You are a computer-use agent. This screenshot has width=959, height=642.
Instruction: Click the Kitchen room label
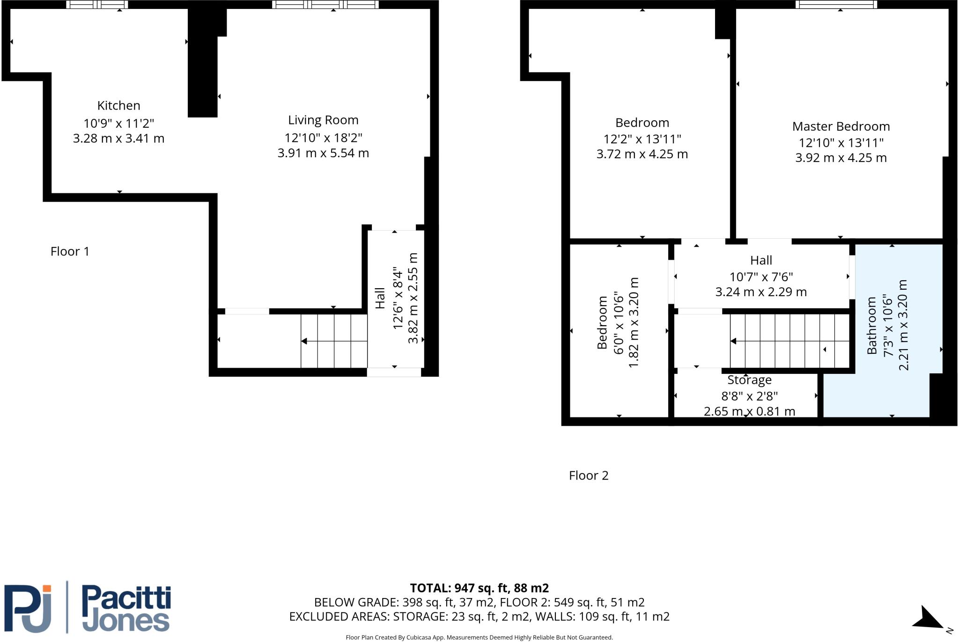pyautogui.click(x=118, y=106)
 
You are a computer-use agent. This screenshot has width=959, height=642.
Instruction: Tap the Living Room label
pyautogui.click(x=323, y=120)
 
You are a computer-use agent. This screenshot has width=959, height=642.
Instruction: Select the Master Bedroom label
pyautogui.click(x=841, y=126)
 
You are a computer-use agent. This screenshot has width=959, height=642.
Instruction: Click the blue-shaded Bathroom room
pyautogui.click(x=892, y=328)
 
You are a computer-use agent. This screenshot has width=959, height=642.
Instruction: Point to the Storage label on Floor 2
pyautogui.click(x=749, y=380)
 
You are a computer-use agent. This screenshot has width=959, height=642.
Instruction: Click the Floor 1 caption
pyautogui.click(x=70, y=252)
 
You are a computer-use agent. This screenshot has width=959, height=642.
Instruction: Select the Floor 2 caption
pyautogui.click(x=589, y=475)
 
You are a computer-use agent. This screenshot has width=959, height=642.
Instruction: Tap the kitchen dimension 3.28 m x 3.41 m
pyautogui.click(x=118, y=139)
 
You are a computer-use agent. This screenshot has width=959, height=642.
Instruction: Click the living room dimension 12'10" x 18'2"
pyautogui.click(x=323, y=138)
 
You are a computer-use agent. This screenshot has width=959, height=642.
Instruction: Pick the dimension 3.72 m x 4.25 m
pyautogui.click(x=642, y=154)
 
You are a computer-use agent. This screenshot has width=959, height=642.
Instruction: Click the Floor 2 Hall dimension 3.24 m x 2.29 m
pyautogui.click(x=761, y=292)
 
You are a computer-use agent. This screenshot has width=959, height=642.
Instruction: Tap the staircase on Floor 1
pyautogui.click(x=334, y=341)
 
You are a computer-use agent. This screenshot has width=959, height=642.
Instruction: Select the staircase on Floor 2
pyautogui.click(x=789, y=341)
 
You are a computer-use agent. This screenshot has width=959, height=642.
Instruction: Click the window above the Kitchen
pyautogui.click(x=97, y=5)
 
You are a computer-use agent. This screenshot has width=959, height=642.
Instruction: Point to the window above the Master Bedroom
pyautogui.click(x=836, y=5)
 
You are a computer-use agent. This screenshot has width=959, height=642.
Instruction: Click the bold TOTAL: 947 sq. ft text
pyautogui.click(x=479, y=588)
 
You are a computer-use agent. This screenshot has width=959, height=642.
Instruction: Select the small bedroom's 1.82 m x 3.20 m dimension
pyautogui.click(x=633, y=322)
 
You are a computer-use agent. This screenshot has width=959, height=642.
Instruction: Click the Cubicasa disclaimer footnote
pyautogui.click(x=479, y=637)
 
